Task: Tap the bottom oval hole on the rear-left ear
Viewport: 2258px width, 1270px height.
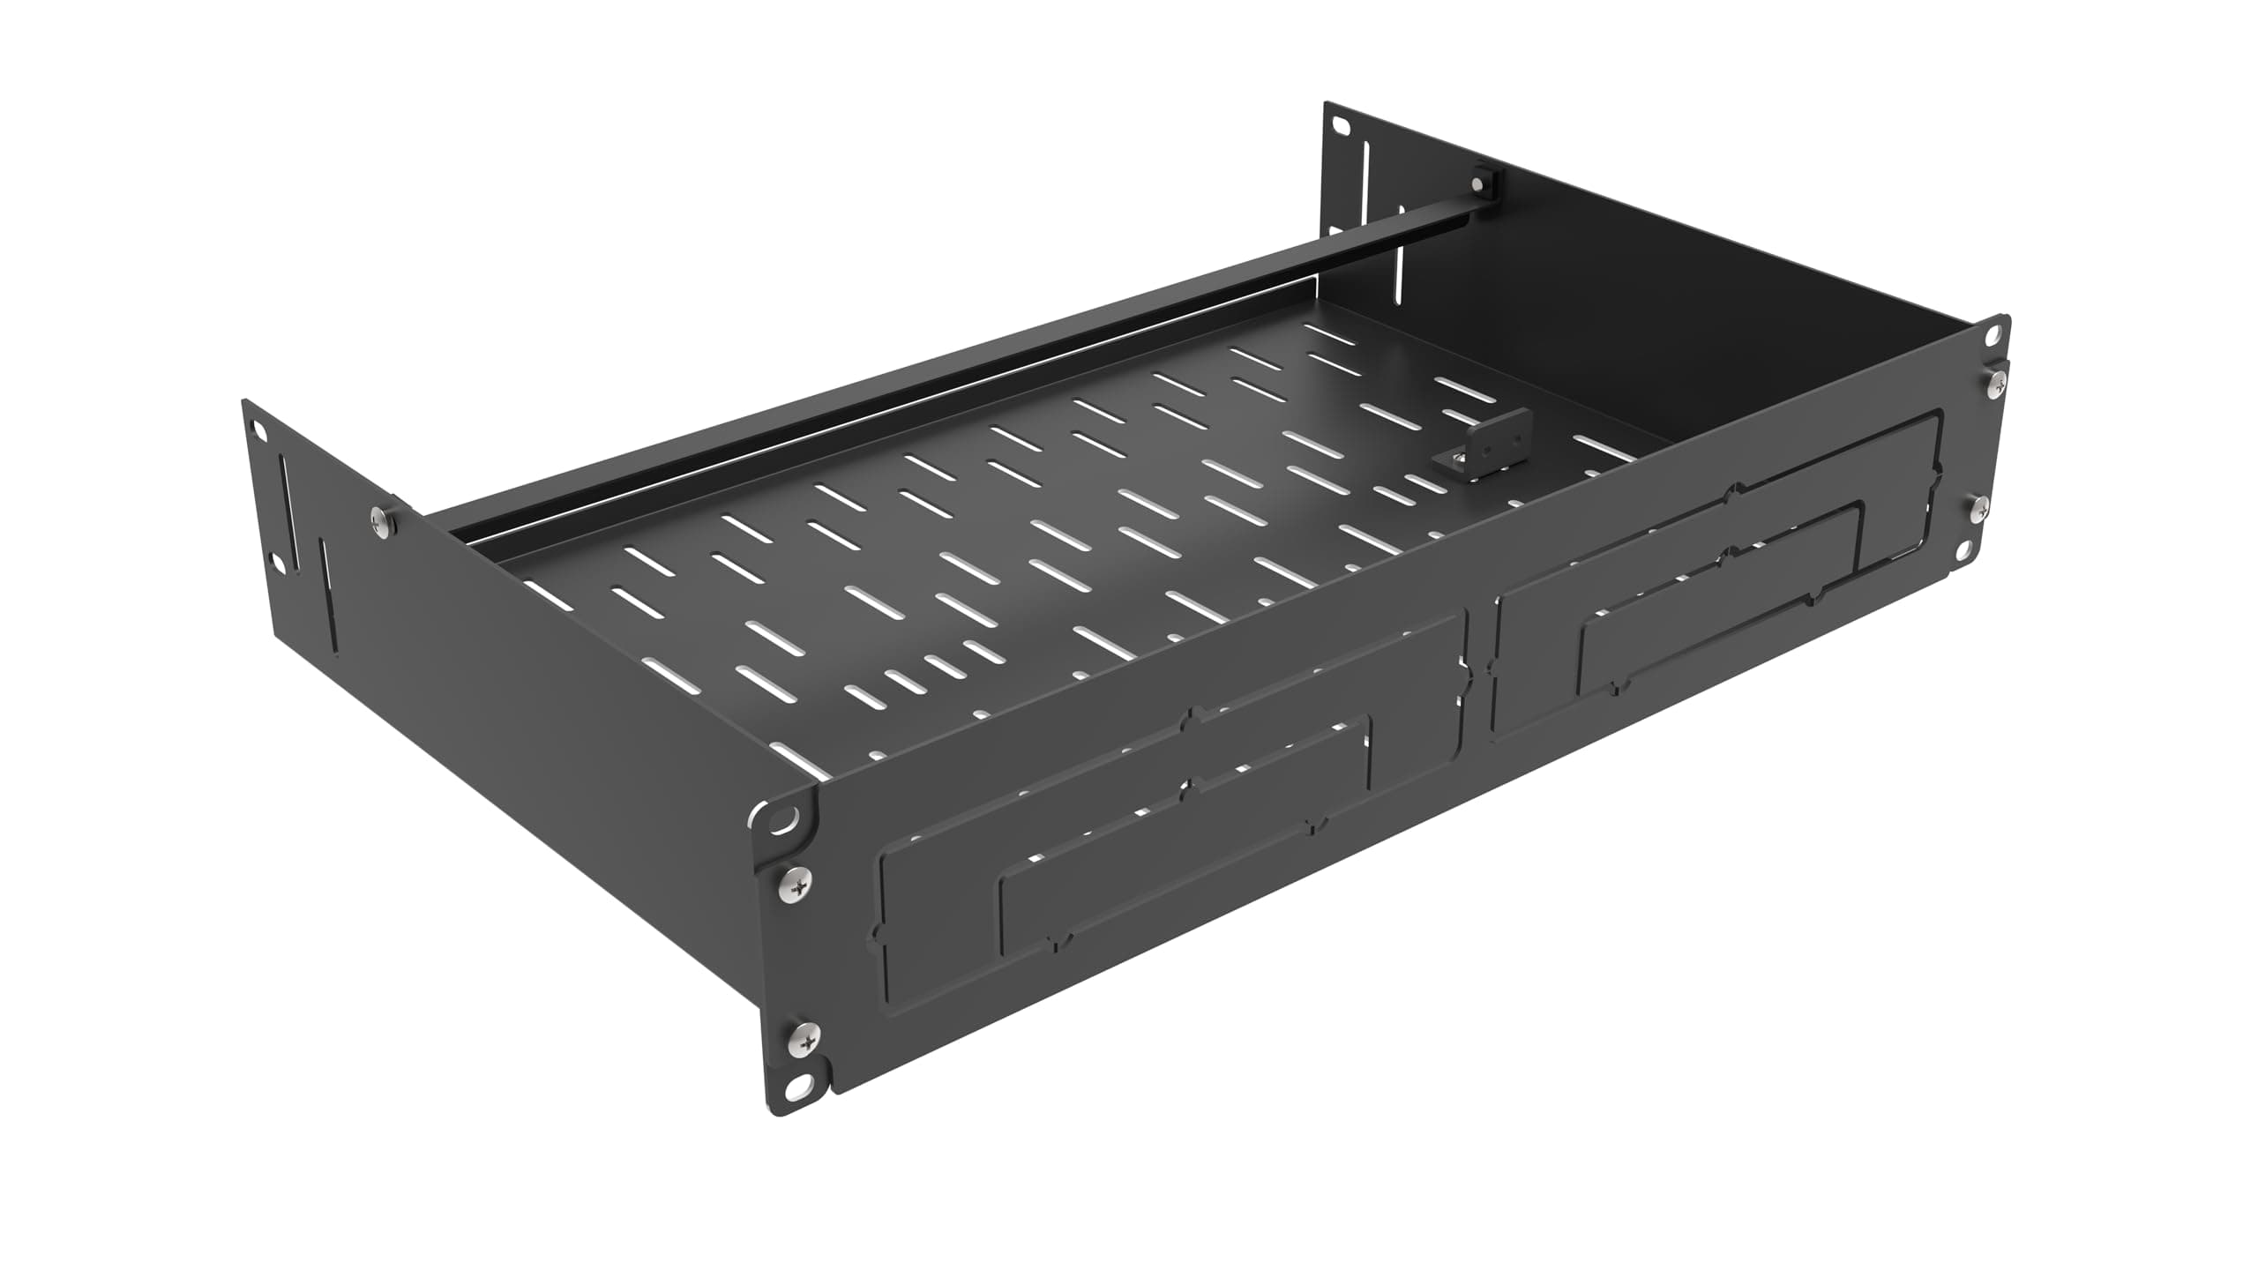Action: tap(278, 561)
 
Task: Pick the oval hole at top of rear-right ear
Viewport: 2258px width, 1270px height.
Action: tap(1341, 129)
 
